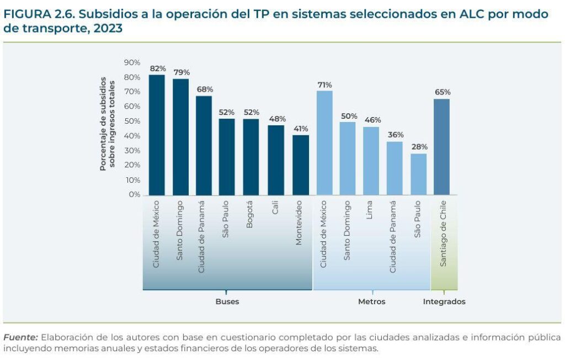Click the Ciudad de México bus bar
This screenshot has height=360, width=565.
(x=157, y=135)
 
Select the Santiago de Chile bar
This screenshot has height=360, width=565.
(x=441, y=147)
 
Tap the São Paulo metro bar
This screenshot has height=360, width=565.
(x=419, y=174)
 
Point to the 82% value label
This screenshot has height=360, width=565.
(x=158, y=68)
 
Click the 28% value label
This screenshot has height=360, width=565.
(x=419, y=147)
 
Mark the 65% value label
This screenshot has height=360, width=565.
(x=442, y=92)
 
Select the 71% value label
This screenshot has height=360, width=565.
(x=324, y=84)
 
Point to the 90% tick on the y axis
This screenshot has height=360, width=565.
(x=132, y=62)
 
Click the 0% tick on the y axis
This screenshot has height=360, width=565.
(x=134, y=194)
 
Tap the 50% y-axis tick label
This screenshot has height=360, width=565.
(x=132, y=121)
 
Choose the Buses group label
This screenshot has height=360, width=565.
(x=227, y=301)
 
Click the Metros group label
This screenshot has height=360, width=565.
(x=371, y=301)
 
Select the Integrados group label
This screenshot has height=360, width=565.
(x=444, y=301)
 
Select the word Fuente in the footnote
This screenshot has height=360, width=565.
(x=20, y=337)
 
